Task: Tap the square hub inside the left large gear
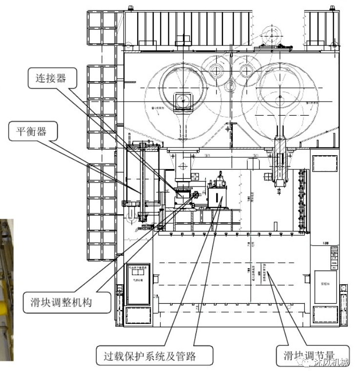click(184, 99)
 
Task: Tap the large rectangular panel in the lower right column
click(325, 287)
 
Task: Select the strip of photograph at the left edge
click(6, 290)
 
